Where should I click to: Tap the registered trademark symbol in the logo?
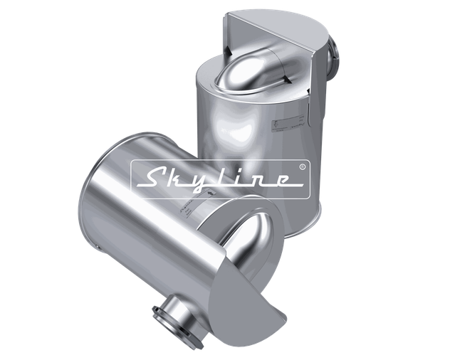(303, 167)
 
